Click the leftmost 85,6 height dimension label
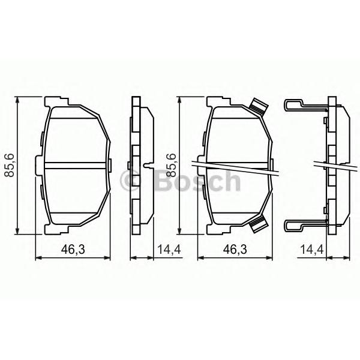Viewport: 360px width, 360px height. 10,166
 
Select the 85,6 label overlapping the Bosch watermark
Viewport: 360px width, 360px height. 172,166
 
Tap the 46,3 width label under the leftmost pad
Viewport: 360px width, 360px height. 73,250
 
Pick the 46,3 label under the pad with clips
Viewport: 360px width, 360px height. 235,250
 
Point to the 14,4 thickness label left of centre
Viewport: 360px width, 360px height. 169,250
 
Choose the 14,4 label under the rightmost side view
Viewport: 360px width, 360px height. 312,250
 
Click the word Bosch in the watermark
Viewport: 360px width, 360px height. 198,181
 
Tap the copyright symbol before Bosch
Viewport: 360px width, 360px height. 130,181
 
